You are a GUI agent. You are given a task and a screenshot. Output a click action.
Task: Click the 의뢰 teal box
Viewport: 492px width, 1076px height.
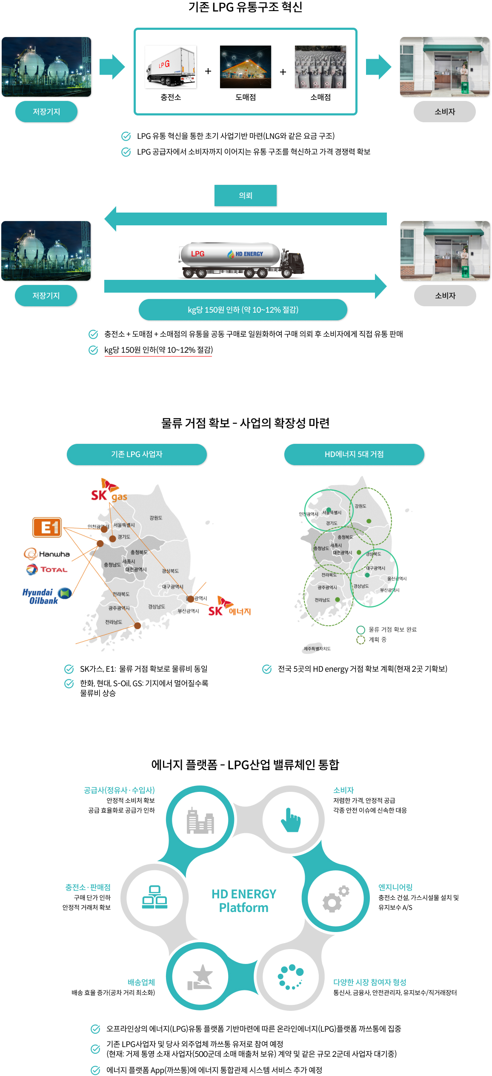(245, 196)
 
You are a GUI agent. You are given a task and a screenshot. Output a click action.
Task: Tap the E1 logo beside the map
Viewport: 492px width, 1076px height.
(48, 527)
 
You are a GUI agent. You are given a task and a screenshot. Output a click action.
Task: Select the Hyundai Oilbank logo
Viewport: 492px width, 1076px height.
(46, 596)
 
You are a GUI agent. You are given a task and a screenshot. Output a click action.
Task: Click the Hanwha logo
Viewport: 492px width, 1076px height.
(47, 554)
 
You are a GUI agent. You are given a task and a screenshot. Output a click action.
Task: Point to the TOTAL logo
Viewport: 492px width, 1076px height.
(47, 570)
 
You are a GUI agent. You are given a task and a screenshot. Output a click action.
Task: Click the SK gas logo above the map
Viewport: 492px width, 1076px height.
(109, 491)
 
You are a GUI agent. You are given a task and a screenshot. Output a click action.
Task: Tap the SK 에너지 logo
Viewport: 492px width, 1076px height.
(229, 607)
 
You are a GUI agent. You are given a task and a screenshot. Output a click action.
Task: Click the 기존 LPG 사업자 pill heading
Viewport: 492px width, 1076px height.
(137, 454)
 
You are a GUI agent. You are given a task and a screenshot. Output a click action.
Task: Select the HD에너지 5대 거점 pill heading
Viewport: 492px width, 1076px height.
(354, 454)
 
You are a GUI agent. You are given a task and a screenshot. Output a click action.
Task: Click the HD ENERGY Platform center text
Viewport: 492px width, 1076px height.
(244, 901)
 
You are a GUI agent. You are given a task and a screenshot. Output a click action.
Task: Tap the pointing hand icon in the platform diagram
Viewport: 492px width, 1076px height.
(291, 820)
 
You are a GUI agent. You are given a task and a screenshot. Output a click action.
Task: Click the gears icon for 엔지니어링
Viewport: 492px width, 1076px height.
(335, 898)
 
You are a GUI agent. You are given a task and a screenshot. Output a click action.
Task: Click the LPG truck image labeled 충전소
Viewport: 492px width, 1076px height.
(171, 67)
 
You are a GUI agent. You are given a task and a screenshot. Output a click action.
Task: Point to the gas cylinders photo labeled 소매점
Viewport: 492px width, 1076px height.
(320, 67)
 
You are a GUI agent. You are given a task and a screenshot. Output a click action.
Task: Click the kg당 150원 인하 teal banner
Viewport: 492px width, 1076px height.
(243, 310)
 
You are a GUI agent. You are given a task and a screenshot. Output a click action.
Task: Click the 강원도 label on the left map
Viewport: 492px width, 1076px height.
(156, 518)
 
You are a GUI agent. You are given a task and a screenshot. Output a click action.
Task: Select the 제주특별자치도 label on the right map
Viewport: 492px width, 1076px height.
(317, 649)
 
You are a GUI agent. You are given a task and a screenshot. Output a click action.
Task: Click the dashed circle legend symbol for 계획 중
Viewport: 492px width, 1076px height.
(360, 640)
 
